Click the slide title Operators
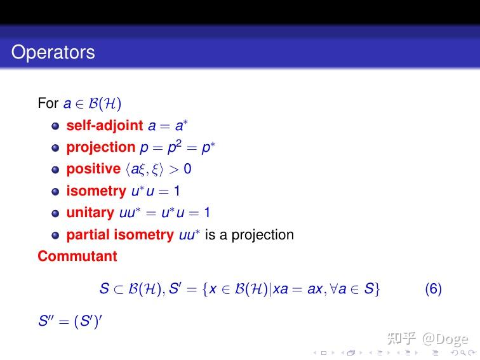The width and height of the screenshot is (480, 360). click(x=53, y=52)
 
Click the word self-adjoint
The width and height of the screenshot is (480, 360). click(x=105, y=125)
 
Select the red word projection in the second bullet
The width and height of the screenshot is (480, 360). click(x=101, y=147)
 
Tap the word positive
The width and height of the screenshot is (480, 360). click(x=93, y=169)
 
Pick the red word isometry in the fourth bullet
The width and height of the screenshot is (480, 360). click(x=96, y=191)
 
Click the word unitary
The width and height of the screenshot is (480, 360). click(x=90, y=213)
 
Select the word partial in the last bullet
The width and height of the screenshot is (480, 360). click(x=88, y=235)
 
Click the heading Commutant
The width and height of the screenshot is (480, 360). click(x=77, y=257)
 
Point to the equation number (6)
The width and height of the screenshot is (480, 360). click(x=433, y=290)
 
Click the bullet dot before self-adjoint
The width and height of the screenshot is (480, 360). click(x=55, y=126)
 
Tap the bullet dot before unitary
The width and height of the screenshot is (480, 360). click(x=55, y=213)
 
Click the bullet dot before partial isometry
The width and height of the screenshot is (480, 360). click(x=55, y=236)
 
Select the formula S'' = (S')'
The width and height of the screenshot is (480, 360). click(x=70, y=321)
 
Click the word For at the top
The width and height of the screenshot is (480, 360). click(x=48, y=103)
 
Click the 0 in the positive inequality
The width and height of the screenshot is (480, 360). click(x=187, y=169)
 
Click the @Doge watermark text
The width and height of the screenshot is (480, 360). click(x=446, y=338)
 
